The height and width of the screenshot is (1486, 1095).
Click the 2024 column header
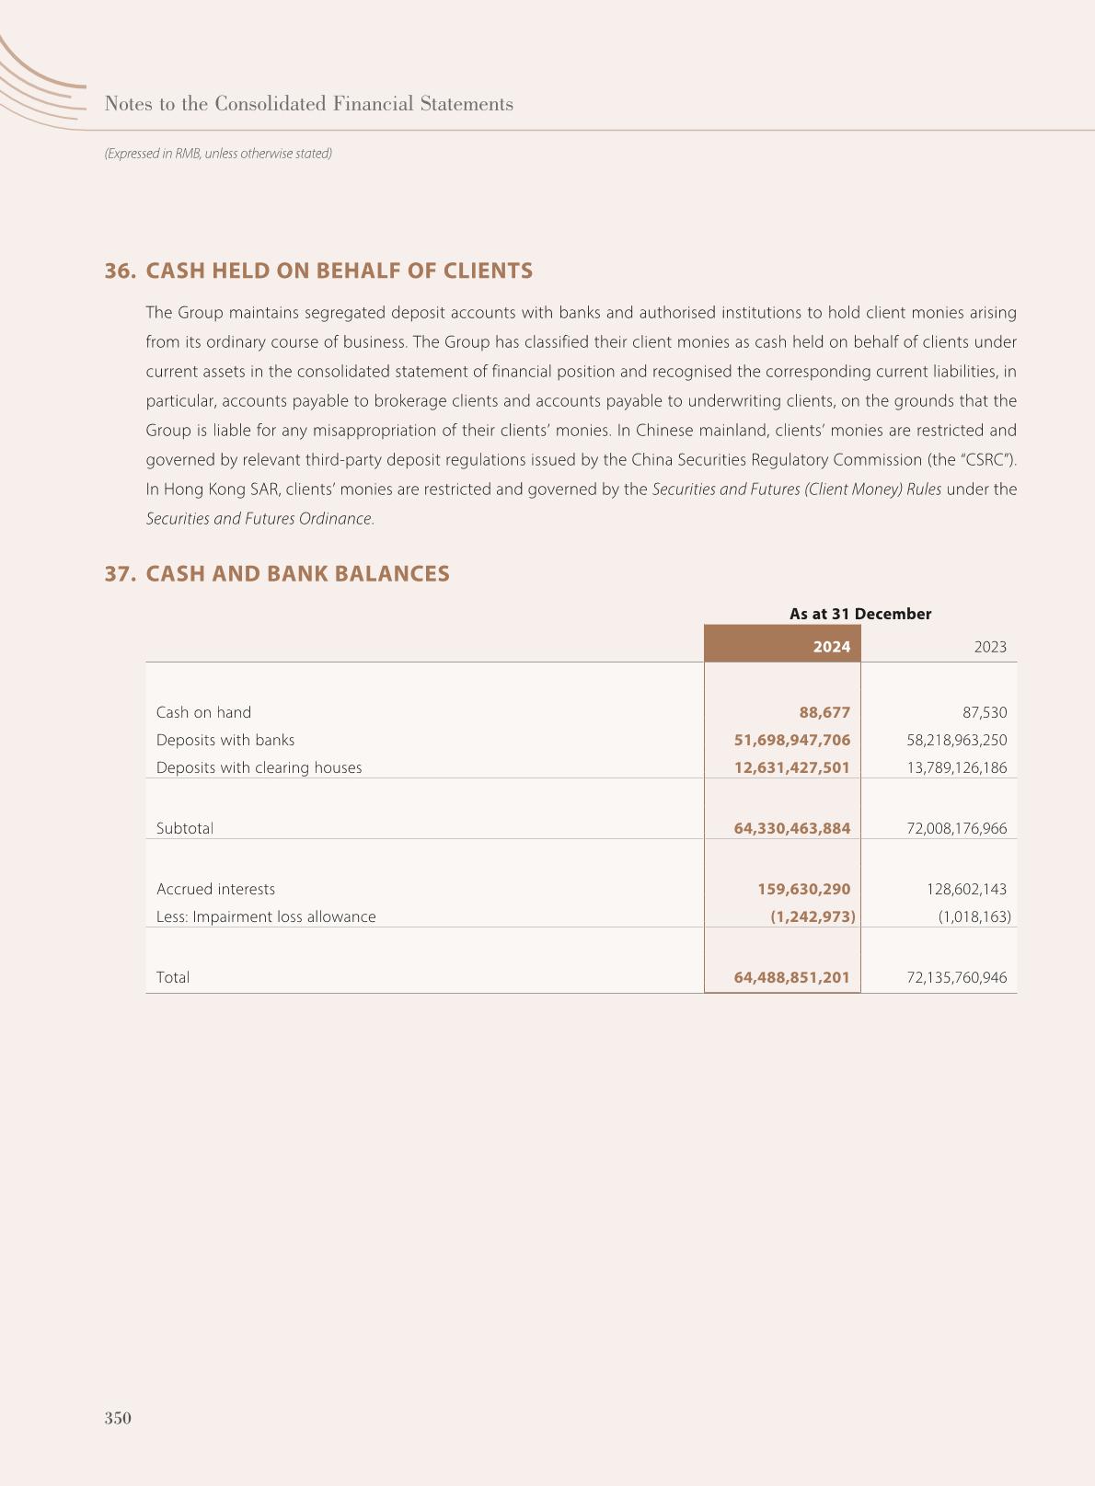tap(831, 647)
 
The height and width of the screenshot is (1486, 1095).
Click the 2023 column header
tap(990, 647)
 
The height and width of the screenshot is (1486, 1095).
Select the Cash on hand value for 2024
tap(824, 712)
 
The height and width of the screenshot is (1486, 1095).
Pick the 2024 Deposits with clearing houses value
tap(791, 767)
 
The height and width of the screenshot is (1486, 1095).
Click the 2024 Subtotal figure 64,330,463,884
tap(791, 828)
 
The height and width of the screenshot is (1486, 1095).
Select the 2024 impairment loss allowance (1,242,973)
tap(813, 916)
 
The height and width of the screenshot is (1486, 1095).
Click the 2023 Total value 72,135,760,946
tap(956, 977)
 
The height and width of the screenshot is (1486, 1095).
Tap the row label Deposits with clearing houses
tap(259, 767)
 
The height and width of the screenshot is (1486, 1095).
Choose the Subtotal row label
tap(184, 828)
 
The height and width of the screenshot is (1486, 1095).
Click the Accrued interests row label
tap(215, 889)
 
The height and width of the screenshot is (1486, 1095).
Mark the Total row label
tap(173, 977)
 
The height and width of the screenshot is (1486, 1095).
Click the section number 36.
tap(120, 271)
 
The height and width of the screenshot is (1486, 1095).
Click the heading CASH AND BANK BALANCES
tap(297, 573)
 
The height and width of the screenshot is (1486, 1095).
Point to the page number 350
tap(118, 1418)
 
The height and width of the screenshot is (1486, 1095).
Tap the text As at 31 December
tap(859, 614)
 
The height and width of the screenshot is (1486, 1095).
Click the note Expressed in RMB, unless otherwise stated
tap(218, 154)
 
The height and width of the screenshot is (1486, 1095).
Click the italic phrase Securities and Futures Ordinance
tap(259, 518)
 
